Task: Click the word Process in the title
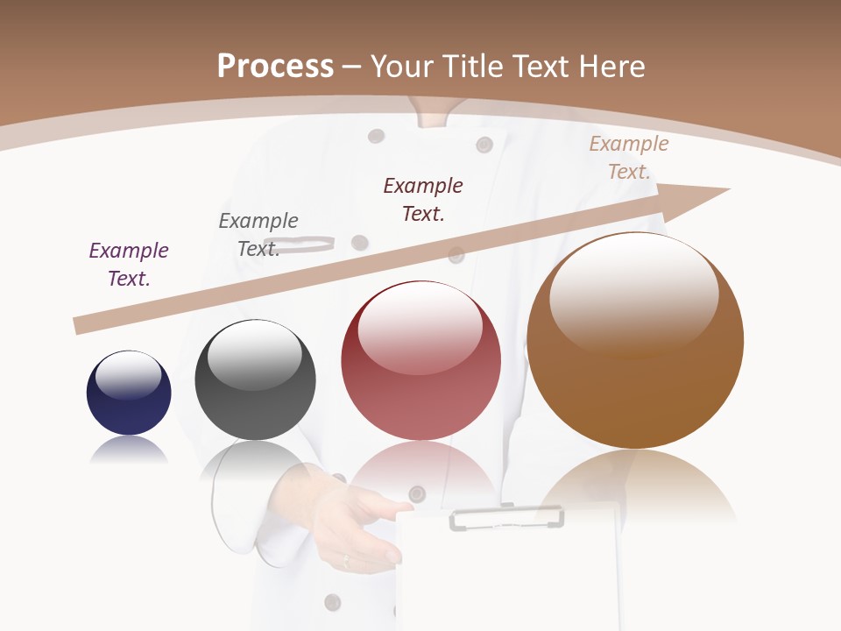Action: (x=275, y=67)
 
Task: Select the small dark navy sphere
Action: (x=129, y=393)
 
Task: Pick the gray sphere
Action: (x=255, y=380)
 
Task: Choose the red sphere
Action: (x=421, y=361)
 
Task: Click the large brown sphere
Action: (x=635, y=341)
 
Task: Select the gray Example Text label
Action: (x=258, y=235)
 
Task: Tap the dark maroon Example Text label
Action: (x=423, y=200)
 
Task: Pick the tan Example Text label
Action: (x=629, y=158)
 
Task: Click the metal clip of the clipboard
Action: (x=506, y=518)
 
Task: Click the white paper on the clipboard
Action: (x=508, y=578)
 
